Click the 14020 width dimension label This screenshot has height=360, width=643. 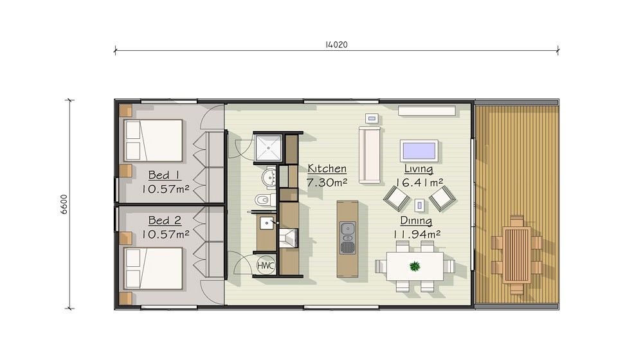tap(336, 45)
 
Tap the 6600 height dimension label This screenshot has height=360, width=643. tap(64, 204)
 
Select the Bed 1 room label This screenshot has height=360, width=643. tap(164, 175)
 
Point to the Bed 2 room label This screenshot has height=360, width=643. tap(165, 221)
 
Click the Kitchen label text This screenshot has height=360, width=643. tap(327, 168)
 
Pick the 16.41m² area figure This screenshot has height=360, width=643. tap(419, 183)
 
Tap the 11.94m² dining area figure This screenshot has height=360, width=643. tap(417, 234)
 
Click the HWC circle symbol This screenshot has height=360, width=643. tap(266, 265)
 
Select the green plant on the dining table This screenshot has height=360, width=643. tap(415, 267)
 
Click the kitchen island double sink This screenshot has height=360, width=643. tap(348, 237)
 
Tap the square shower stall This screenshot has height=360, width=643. tap(268, 148)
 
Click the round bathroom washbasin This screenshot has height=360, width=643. tap(269, 177)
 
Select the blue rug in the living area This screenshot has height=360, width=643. tap(419, 150)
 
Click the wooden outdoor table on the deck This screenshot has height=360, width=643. tap(517, 255)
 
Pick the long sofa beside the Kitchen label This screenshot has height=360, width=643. tap(370, 154)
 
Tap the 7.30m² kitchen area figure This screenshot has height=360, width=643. tap(327, 183)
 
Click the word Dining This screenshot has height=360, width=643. tap(416, 221)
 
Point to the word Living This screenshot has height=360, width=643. tap(419, 168)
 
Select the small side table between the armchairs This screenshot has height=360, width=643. tap(419, 204)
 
